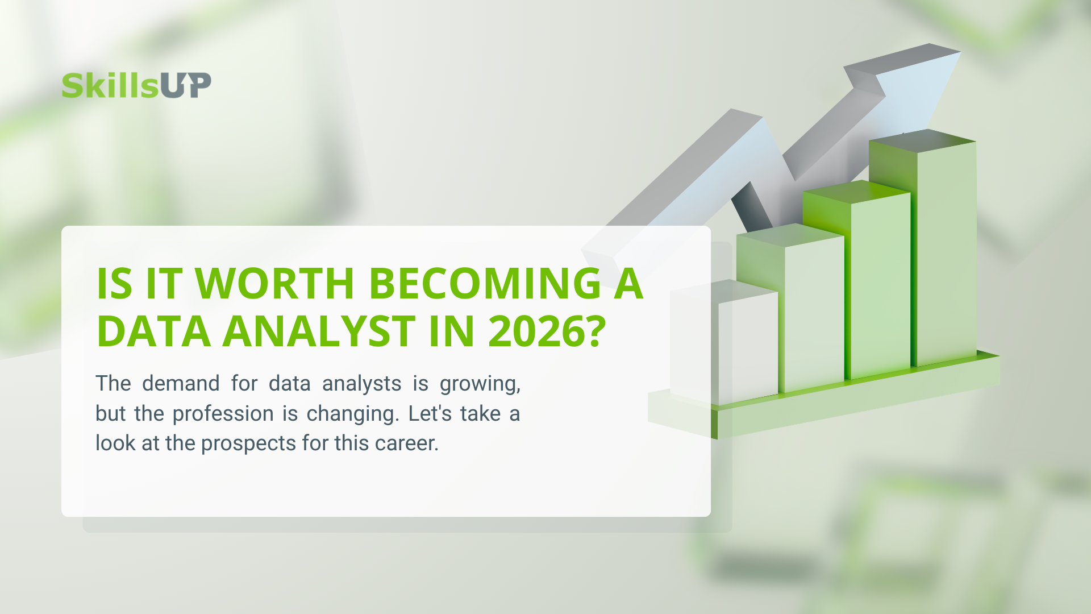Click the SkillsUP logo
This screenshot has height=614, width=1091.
[136, 85]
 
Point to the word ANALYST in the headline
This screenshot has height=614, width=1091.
[319, 331]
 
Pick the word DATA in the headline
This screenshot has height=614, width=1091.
[153, 331]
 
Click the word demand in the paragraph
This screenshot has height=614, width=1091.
[181, 383]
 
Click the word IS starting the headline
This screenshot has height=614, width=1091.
[114, 283]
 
